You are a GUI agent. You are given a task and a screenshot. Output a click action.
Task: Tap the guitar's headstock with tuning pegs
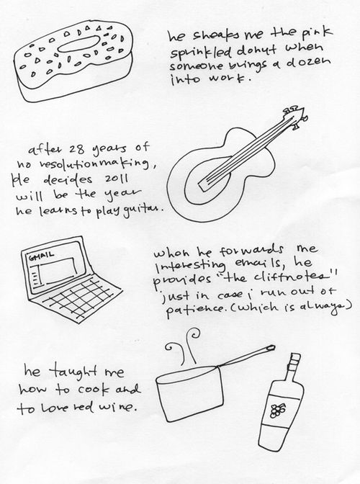point(295,117)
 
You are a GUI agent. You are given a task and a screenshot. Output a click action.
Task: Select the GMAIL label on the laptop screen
point(41,255)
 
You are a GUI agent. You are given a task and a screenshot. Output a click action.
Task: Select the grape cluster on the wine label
point(278,410)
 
